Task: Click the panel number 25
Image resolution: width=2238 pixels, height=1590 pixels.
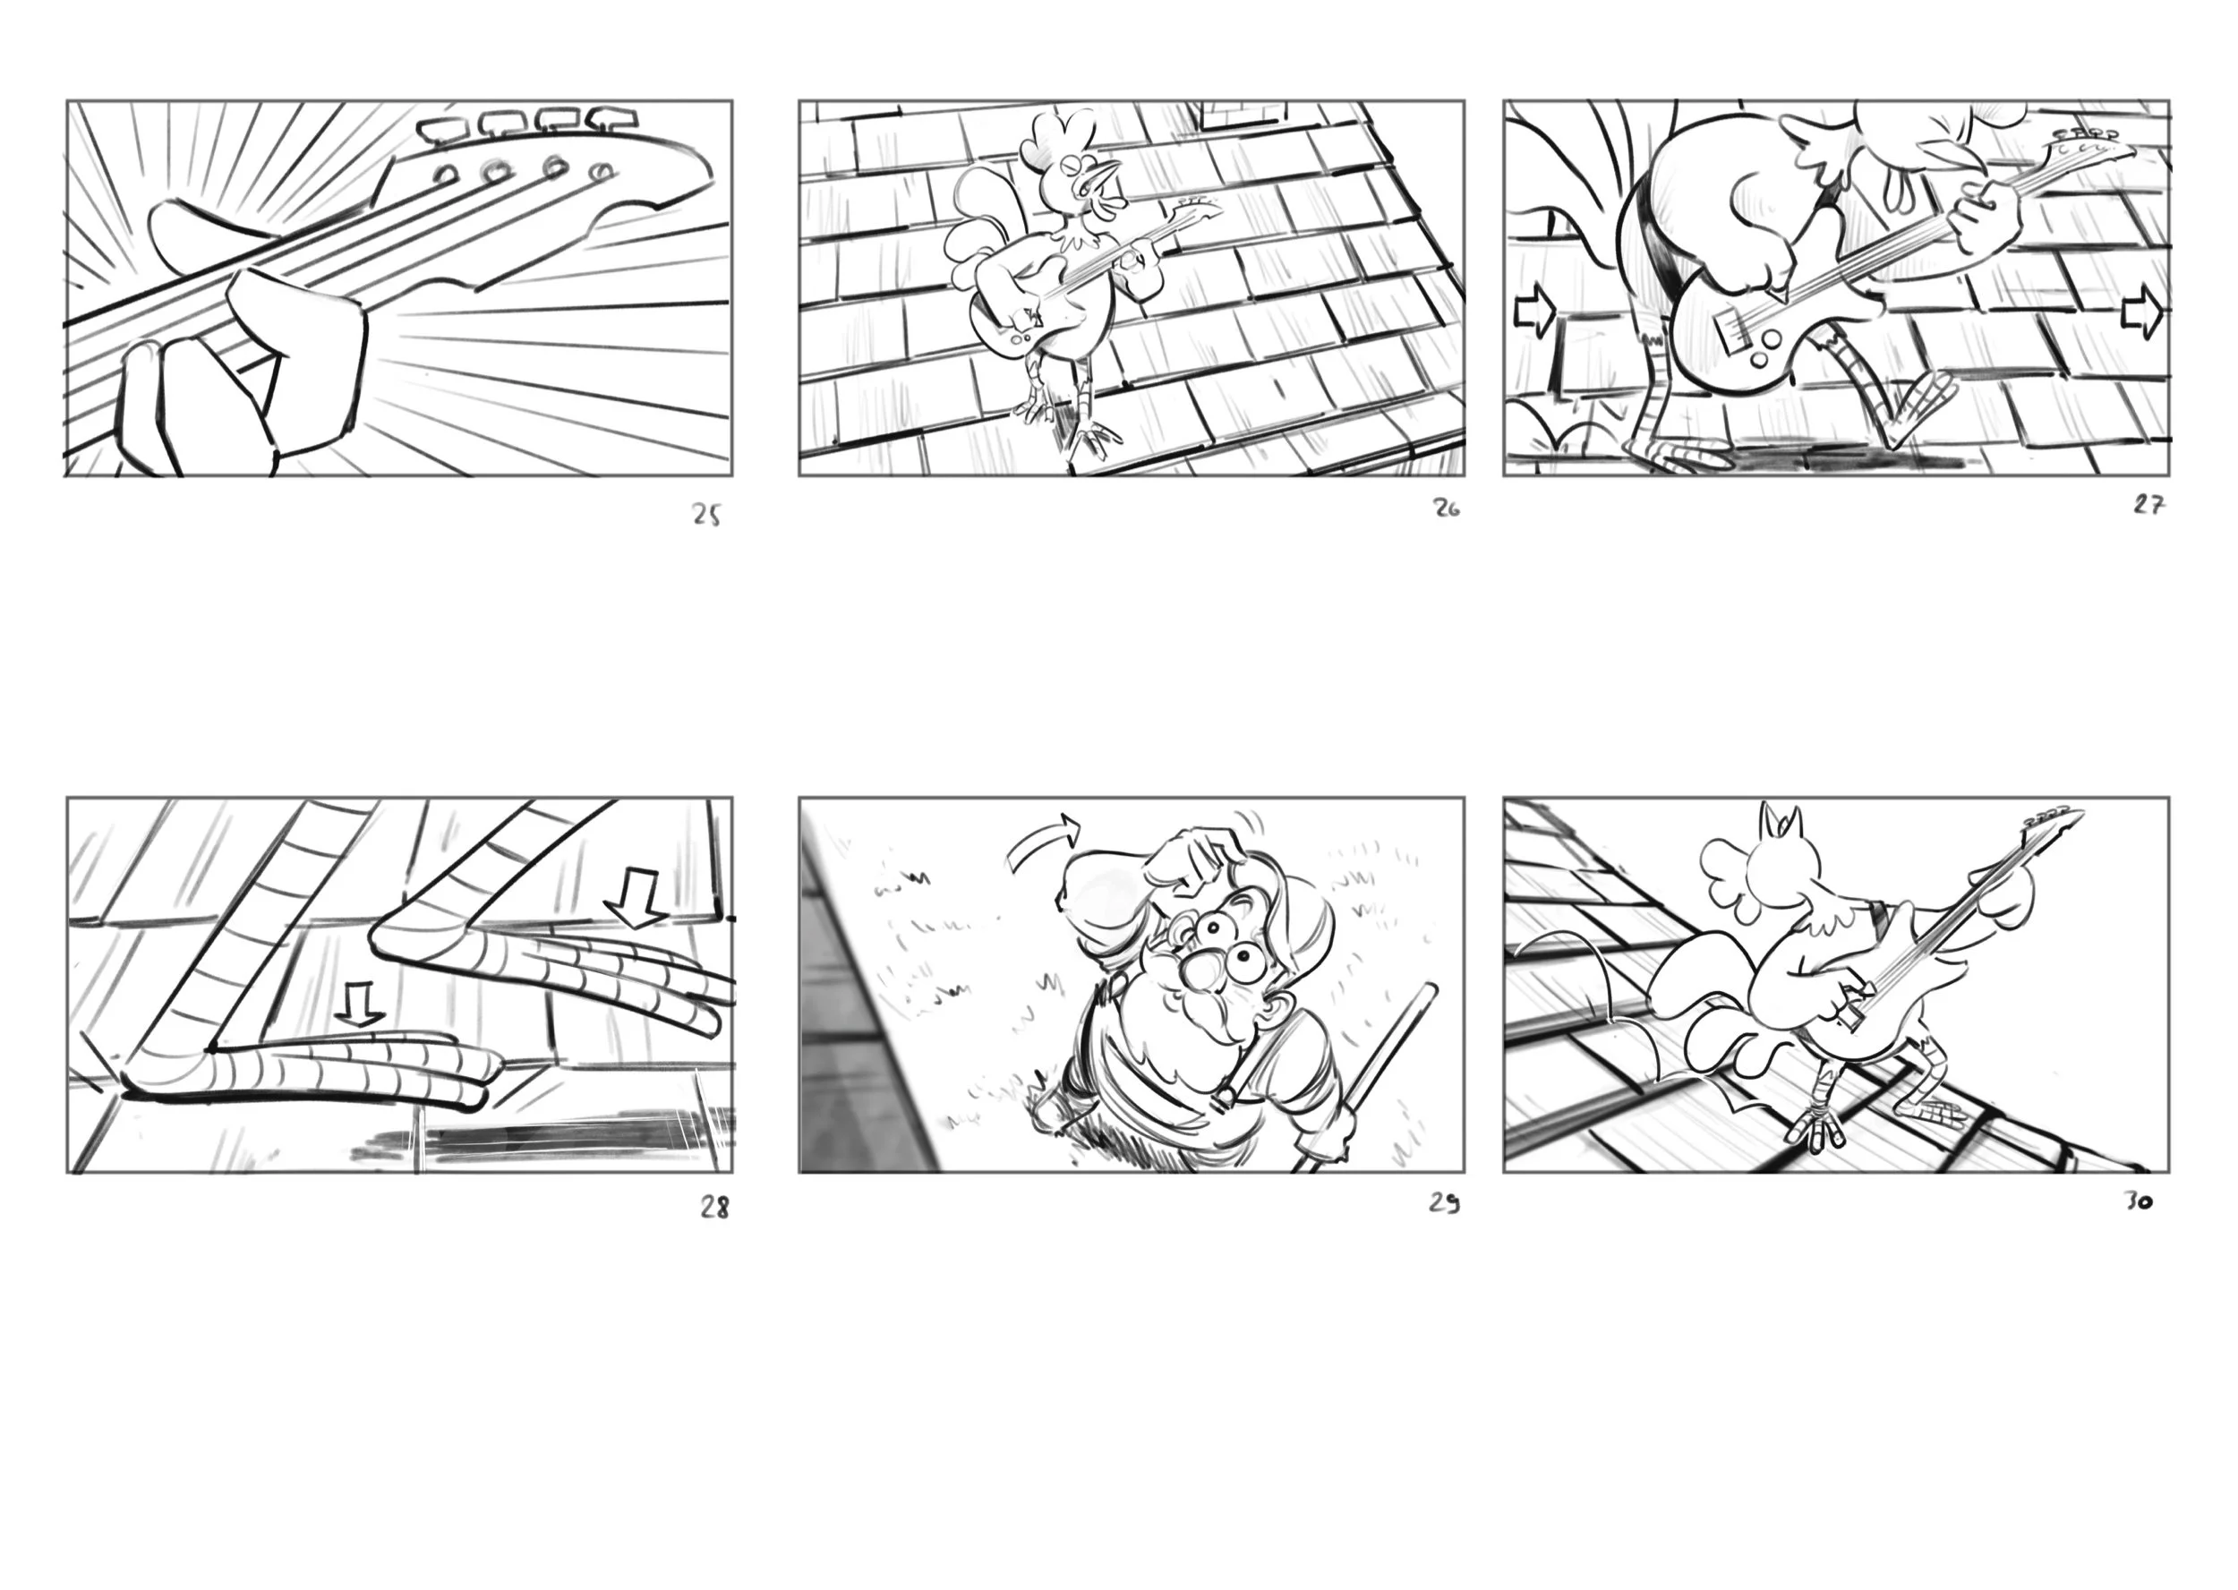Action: pos(707,516)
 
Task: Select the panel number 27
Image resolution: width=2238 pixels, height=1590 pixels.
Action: pos(2148,505)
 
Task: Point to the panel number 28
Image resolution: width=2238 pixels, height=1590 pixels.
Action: pos(714,1208)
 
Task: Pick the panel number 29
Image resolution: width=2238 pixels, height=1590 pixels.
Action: pos(1444,1203)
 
